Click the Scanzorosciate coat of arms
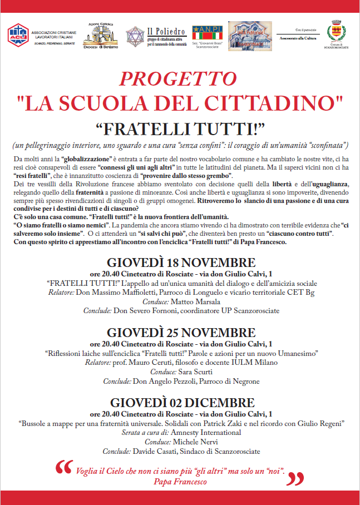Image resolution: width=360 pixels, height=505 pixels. [336, 30]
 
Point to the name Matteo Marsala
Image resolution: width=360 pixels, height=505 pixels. [190, 301]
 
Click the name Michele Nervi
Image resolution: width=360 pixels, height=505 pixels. [198, 442]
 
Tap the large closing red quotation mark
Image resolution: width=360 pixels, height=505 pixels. [298, 478]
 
